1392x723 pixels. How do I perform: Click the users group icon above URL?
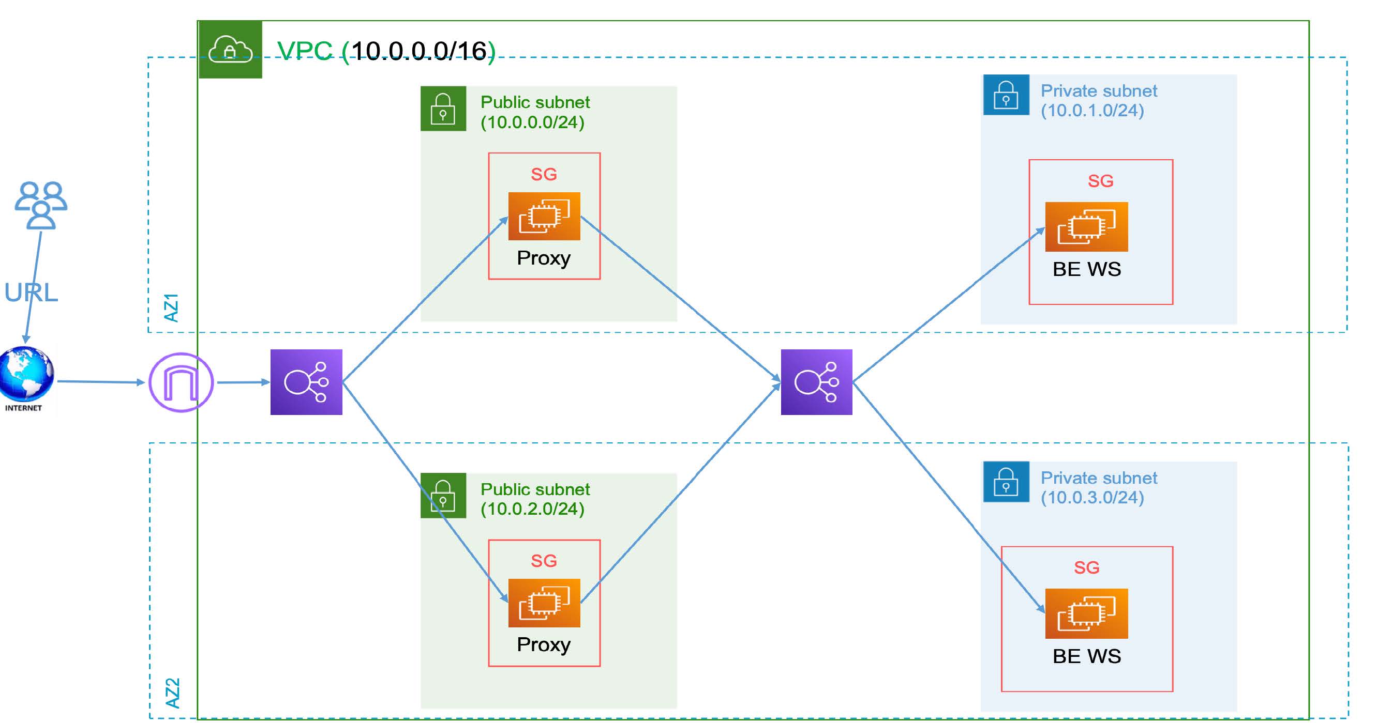pos(41,205)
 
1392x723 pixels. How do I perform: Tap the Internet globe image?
pos(26,373)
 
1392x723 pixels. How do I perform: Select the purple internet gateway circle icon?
pos(181,382)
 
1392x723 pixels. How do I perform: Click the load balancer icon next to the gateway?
pos(306,382)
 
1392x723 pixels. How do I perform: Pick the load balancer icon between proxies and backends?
pos(816,382)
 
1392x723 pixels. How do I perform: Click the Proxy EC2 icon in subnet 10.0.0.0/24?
pos(544,216)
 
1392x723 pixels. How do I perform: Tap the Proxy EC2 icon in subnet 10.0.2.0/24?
pos(544,603)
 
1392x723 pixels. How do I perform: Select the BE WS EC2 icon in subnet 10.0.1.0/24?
pos(1086,227)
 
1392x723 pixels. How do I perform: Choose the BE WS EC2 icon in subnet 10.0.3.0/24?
pos(1086,614)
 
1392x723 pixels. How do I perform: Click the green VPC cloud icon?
pos(230,50)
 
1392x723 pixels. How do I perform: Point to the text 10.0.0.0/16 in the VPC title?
pos(420,51)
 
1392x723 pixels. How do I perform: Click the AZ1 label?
pos(171,308)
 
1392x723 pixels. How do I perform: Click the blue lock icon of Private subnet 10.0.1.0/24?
pos(1006,95)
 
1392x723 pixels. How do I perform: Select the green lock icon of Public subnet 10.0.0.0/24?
pos(443,109)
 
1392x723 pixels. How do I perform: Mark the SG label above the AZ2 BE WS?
pos(1086,567)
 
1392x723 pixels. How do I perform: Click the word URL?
pos(32,293)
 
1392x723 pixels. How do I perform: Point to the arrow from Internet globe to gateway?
pos(100,382)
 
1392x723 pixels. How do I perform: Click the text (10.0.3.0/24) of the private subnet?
pos(1092,497)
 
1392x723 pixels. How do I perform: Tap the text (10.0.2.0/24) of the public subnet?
pos(532,509)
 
